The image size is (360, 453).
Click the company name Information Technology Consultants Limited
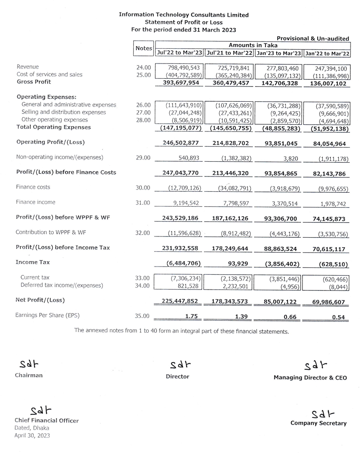point(183,15)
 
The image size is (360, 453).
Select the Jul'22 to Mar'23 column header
point(179,53)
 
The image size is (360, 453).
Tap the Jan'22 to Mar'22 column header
point(327,53)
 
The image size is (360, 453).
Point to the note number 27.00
point(143,112)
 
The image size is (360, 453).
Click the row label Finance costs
point(33,187)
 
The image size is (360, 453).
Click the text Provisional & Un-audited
point(313,39)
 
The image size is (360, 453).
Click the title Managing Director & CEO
point(310,378)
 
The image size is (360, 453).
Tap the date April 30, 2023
point(32,435)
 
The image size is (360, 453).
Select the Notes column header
point(144,48)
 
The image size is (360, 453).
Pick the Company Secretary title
point(319,423)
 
